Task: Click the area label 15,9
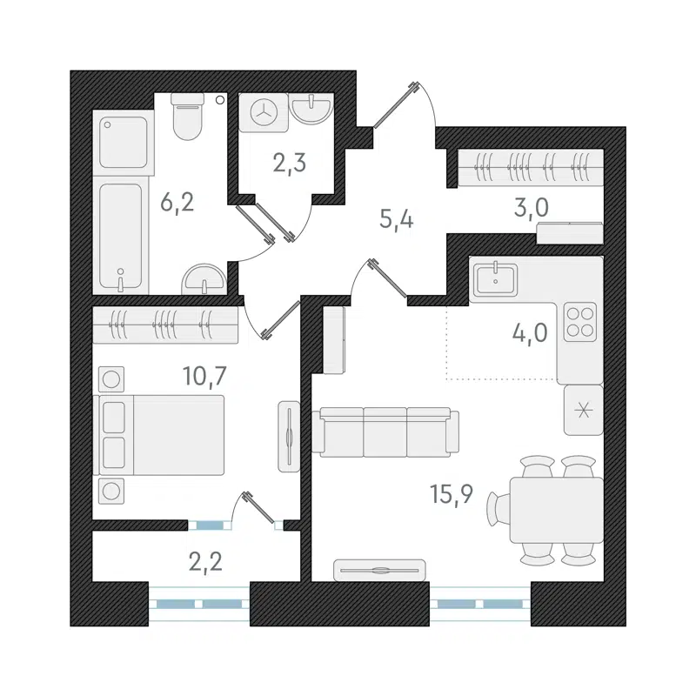pyautogui.click(x=451, y=496)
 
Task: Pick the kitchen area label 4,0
pyautogui.click(x=530, y=333)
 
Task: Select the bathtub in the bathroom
pyautogui.click(x=122, y=236)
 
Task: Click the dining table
pyautogui.click(x=555, y=509)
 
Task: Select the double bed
pyautogui.click(x=163, y=434)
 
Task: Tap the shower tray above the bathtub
pyautogui.click(x=123, y=142)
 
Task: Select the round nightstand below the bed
pyautogui.click(x=112, y=490)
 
